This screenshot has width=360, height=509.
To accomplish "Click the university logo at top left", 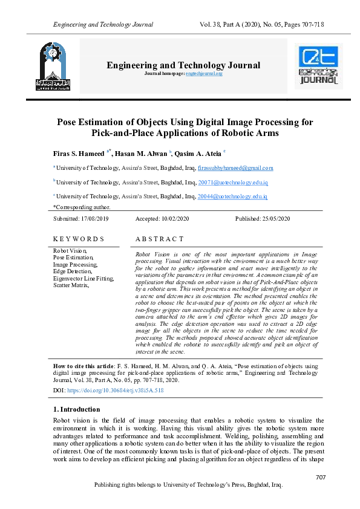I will pyautogui.click(x=53, y=66).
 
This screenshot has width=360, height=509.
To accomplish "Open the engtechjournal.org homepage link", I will pyautogui.click(x=205, y=73).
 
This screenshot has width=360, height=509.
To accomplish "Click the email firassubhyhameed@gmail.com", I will pyautogui.click(x=235, y=168).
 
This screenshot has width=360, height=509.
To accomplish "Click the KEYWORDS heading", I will pyautogui.click(x=79, y=239).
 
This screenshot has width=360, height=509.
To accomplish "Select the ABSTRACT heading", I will pyautogui.click(x=160, y=239).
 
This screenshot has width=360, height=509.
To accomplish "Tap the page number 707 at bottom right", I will pyautogui.click(x=321, y=478).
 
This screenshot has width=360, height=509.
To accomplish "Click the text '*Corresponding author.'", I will pyautogui.click(x=81, y=207).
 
